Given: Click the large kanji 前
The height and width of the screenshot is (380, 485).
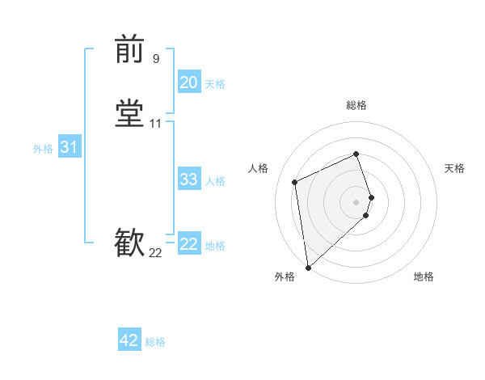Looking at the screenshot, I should coord(129,49).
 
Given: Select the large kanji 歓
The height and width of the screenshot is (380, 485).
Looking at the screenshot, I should coord(129,243).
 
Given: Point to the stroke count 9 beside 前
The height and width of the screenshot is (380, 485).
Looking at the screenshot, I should coord(156,58).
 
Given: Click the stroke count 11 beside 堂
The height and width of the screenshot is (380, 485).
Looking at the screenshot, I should coord(156,124).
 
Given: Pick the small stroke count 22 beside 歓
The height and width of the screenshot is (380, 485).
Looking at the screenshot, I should coord(155,253).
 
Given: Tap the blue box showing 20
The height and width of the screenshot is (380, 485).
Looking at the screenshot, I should coord(189,82).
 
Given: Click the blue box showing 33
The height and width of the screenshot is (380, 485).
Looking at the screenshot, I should coord(189,179).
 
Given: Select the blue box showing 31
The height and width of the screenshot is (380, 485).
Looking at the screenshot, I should coord(69,147).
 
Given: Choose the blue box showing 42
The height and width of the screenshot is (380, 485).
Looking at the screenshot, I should coord(129,340).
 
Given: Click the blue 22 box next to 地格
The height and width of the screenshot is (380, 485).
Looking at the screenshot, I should coord(189,244).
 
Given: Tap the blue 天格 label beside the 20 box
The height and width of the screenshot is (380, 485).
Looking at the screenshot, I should coord(215,83).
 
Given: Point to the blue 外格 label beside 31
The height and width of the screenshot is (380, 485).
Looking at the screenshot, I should coord(43,149).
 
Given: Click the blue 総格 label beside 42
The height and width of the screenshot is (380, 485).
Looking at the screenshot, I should coord(155,342).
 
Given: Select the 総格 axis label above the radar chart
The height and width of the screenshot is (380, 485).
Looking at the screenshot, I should coord(356,105).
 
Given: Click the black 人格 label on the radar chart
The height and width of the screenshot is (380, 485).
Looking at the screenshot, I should coord(259,168).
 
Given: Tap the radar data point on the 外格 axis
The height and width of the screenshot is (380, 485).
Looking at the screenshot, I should coord(307,267).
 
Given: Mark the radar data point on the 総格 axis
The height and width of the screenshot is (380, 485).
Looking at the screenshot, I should coord(356,154).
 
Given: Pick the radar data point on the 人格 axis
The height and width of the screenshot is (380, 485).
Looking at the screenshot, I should coord(295,181).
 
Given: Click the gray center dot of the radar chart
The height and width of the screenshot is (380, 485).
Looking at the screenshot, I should coord(356,201).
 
